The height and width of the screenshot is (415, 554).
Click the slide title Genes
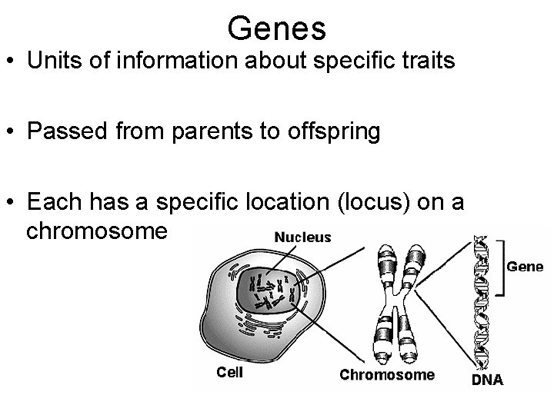tap(277, 28)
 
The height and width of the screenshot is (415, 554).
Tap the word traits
tap(427, 61)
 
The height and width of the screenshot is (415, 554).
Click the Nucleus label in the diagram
tap(303, 237)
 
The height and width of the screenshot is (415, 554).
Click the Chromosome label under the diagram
tap(387, 375)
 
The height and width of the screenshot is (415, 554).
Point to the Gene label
tap(525, 267)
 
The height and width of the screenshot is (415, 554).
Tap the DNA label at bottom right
tap(486, 379)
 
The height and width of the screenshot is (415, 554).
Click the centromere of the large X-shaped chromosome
tap(399, 297)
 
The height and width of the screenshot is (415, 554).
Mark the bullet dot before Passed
tap(10, 132)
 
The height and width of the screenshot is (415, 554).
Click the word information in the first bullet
tap(157, 61)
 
